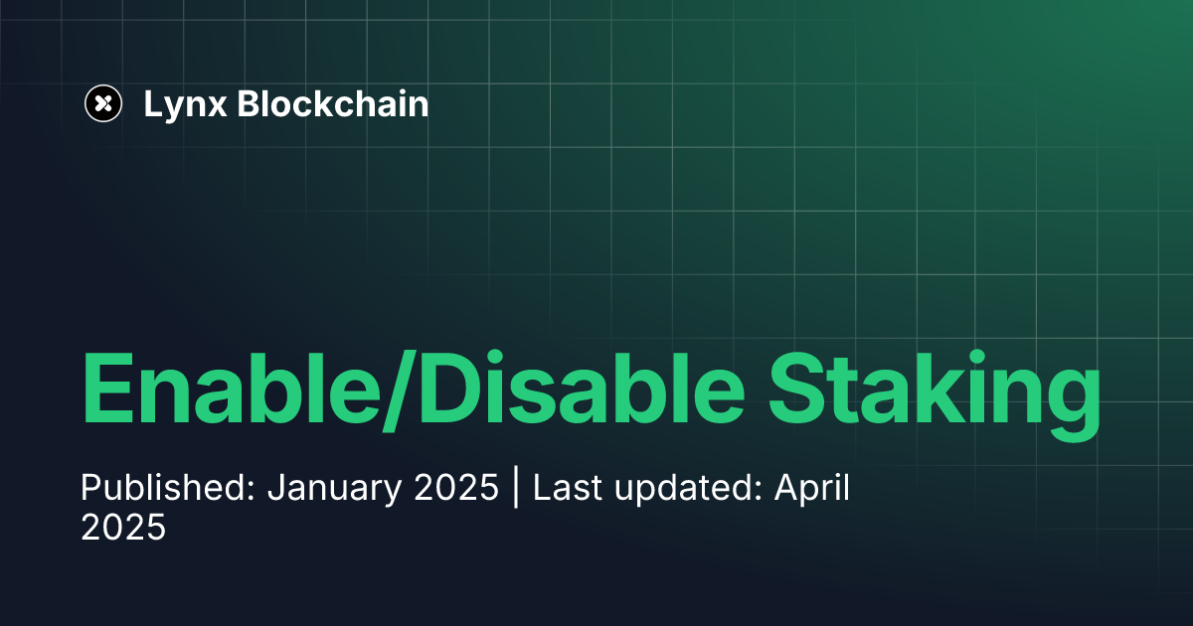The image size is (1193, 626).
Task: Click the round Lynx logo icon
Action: (102, 102)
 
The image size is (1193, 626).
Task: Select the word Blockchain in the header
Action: (333, 103)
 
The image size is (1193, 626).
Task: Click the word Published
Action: (167, 490)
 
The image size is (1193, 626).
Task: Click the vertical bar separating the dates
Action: (516, 490)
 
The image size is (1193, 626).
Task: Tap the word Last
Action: (565, 489)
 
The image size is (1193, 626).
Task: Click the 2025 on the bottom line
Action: (123, 528)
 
